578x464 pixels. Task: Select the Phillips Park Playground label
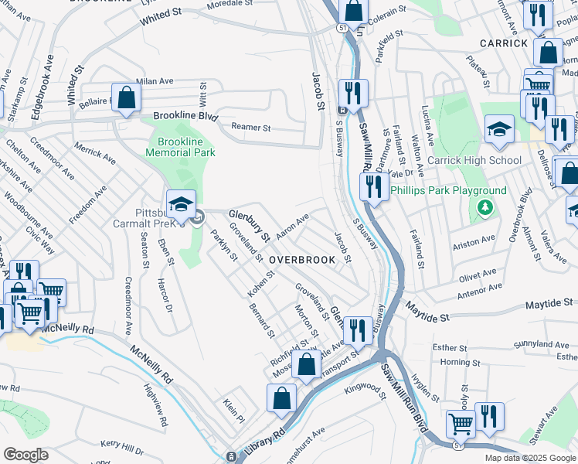(x=448, y=190)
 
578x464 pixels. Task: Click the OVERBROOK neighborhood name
(x=302, y=260)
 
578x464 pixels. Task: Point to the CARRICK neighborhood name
(x=503, y=43)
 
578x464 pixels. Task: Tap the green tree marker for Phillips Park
(x=484, y=207)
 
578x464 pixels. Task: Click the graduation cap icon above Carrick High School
(x=500, y=128)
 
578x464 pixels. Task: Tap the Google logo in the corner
(x=25, y=455)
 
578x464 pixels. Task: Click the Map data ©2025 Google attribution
(x=529, y=458)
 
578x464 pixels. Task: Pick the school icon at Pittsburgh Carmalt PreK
(x=181, y=205)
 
